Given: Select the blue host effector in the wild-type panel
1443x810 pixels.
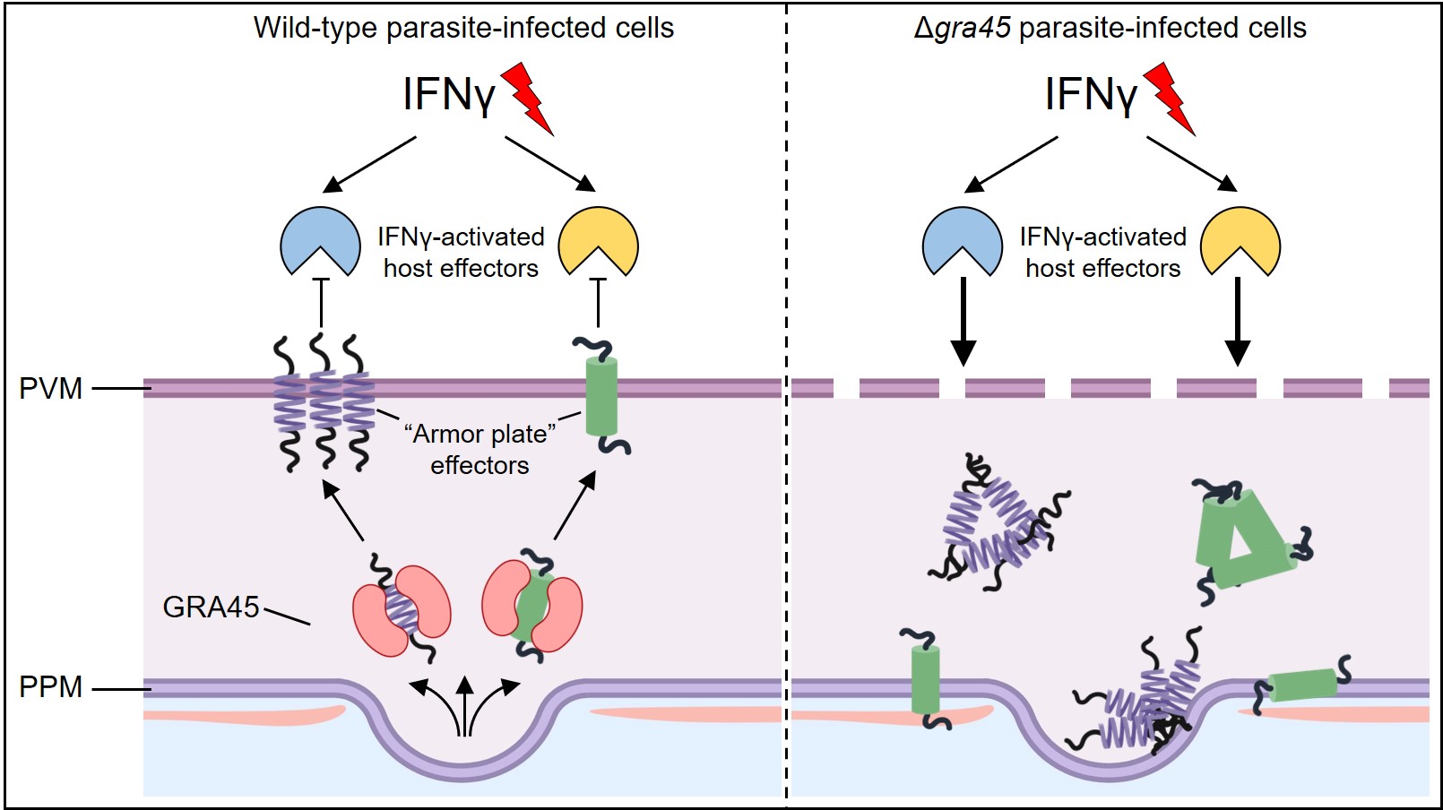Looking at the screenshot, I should (320, 237).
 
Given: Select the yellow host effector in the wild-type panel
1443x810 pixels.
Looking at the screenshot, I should (598, 237).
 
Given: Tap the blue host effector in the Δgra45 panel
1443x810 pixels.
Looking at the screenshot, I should (962, 237).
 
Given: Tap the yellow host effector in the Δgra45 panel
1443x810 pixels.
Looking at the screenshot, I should (1240, 237).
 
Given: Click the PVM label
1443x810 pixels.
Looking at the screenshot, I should (50, 389).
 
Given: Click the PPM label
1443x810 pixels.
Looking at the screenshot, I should (50, 687).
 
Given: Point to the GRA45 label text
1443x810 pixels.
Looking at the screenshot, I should (211, 607).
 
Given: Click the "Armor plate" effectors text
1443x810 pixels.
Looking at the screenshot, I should (480, 449).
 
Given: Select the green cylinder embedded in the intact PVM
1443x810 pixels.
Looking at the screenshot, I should (601, 396).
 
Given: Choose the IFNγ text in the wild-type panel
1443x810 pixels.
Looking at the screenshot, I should (448, 94).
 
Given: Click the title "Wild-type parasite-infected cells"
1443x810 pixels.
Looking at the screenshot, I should (463, 28).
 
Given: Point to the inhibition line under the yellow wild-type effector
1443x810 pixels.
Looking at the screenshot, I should (598, 302).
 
